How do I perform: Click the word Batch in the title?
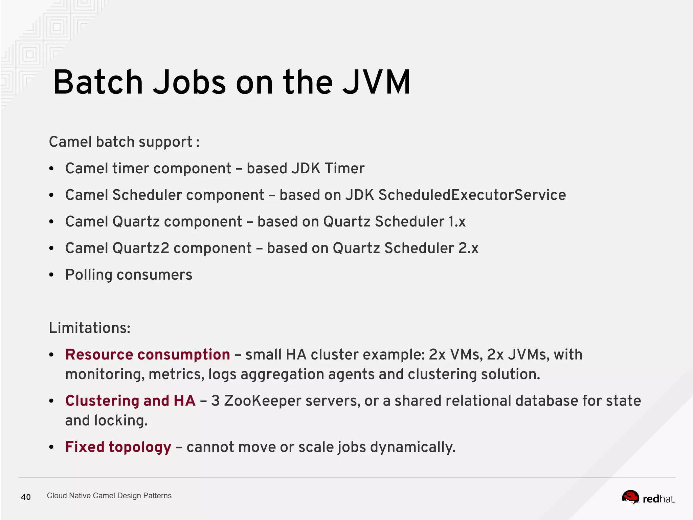coord(98,82)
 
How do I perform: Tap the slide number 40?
coord(26,497)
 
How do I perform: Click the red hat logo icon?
coord(630,497)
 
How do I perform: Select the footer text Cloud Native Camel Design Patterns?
coord(109,496)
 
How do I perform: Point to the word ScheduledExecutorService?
coord(472,195)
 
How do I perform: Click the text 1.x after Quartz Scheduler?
coord(457,222)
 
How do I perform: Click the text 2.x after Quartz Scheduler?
coord(468,248)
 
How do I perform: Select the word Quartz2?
coord(141,248)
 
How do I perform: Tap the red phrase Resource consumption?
coord(148,354)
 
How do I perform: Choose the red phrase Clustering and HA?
coord(130,401)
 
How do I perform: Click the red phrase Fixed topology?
coord(118,447)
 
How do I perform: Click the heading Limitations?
coord(90,328)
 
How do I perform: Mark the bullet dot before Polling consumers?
coord(51,275)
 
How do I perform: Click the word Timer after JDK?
coord(344,168)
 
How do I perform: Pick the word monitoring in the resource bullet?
coord(105,374)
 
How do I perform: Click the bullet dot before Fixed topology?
coord(51,447)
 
